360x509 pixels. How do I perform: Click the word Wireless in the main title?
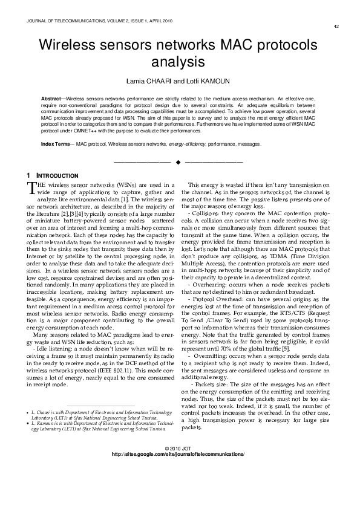[x=73, y=46]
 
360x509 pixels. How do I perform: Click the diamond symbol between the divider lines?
[x=178, y=163]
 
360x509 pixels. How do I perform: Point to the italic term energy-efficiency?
[x=186, y=144]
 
